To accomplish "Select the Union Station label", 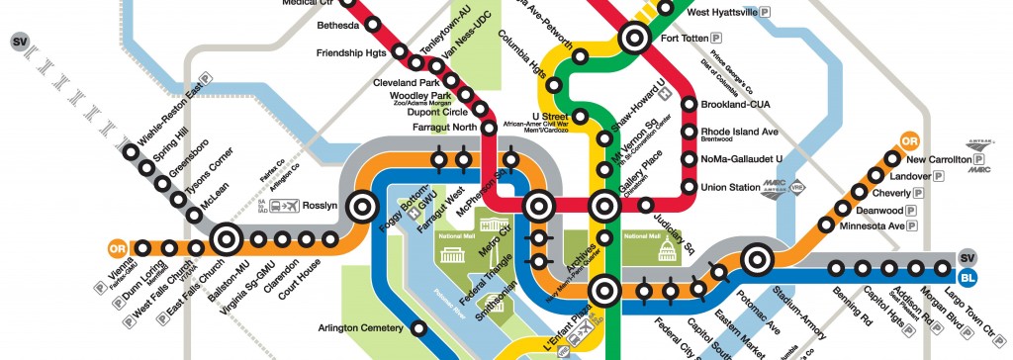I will [x=728, y=187].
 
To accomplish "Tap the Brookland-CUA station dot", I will [x=690, y=105].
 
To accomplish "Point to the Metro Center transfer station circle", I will [x=538, y=207].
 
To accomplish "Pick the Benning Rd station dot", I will [x=838, y=267].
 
